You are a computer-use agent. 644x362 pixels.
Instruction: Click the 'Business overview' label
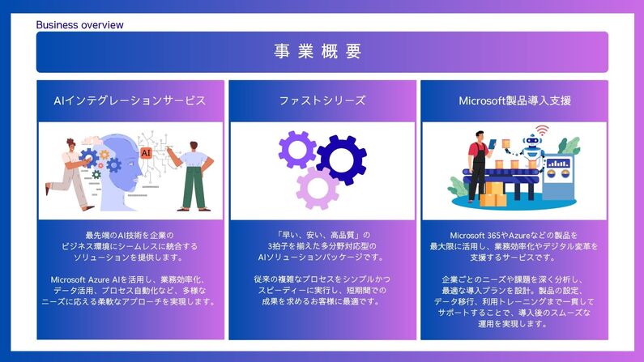coord(79,25)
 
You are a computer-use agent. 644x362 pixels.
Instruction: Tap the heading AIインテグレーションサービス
coord(129,101)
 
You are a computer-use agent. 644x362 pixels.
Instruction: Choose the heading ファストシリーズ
coord(322,101)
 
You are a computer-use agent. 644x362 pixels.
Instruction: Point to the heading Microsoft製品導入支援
coord(514,101)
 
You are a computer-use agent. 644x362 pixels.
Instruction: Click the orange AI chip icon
coord(146,151)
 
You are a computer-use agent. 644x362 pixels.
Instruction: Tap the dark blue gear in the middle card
coord(341,159)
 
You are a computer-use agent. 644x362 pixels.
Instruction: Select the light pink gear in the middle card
coord(317,188)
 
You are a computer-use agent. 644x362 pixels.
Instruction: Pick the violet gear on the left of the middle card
coord(296,150)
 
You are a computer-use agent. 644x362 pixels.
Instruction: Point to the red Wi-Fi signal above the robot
coord(541,129)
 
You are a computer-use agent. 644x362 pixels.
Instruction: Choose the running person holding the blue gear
coord(71,170)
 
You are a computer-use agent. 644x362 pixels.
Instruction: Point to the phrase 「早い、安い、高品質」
coord(322,235)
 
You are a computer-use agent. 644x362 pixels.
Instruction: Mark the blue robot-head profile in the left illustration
coord(122,162)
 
